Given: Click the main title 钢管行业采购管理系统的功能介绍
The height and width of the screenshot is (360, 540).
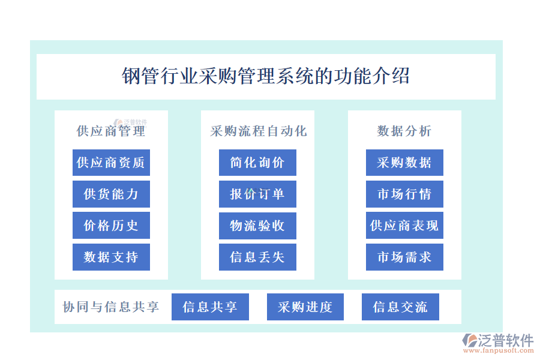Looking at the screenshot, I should tap(266, 77).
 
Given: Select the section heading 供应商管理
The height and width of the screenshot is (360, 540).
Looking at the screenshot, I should tap(111, 131).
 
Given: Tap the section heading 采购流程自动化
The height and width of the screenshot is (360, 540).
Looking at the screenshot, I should tap(258, 131).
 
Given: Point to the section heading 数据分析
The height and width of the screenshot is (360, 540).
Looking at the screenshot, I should tap(404, 131).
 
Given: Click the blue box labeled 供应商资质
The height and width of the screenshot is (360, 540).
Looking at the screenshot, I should tap(111, 163).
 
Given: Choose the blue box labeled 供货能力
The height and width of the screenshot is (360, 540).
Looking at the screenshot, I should tap(111, 194).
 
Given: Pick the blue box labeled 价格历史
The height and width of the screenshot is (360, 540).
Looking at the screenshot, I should tap(111, 226).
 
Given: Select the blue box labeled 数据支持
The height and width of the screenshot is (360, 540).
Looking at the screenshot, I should tap(111, 257).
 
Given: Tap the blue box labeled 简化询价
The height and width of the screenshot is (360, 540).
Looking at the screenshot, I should tap(257, 163).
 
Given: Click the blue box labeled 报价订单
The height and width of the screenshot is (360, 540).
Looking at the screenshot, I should tap(257, 194).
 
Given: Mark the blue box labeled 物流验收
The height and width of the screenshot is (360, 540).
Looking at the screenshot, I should tap(257, 226).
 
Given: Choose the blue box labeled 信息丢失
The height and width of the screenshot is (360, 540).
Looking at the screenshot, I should tap(257, 257).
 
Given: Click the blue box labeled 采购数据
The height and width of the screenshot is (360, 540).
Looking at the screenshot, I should tap(404, 163).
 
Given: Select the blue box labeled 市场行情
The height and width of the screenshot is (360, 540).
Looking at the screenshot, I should tap(404, 194).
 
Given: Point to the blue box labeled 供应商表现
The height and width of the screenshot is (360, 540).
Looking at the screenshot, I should tap(404, 226).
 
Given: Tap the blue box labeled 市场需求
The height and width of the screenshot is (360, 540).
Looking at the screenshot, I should tap(404, 257).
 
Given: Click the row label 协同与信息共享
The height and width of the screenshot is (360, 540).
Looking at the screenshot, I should tap(111, 307).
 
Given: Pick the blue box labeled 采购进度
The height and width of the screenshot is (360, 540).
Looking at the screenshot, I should tap(305, 307).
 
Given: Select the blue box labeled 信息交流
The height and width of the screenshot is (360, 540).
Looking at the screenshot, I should tap(400, 307).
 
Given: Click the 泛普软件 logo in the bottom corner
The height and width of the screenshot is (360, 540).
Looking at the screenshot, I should tap(497, 343).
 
